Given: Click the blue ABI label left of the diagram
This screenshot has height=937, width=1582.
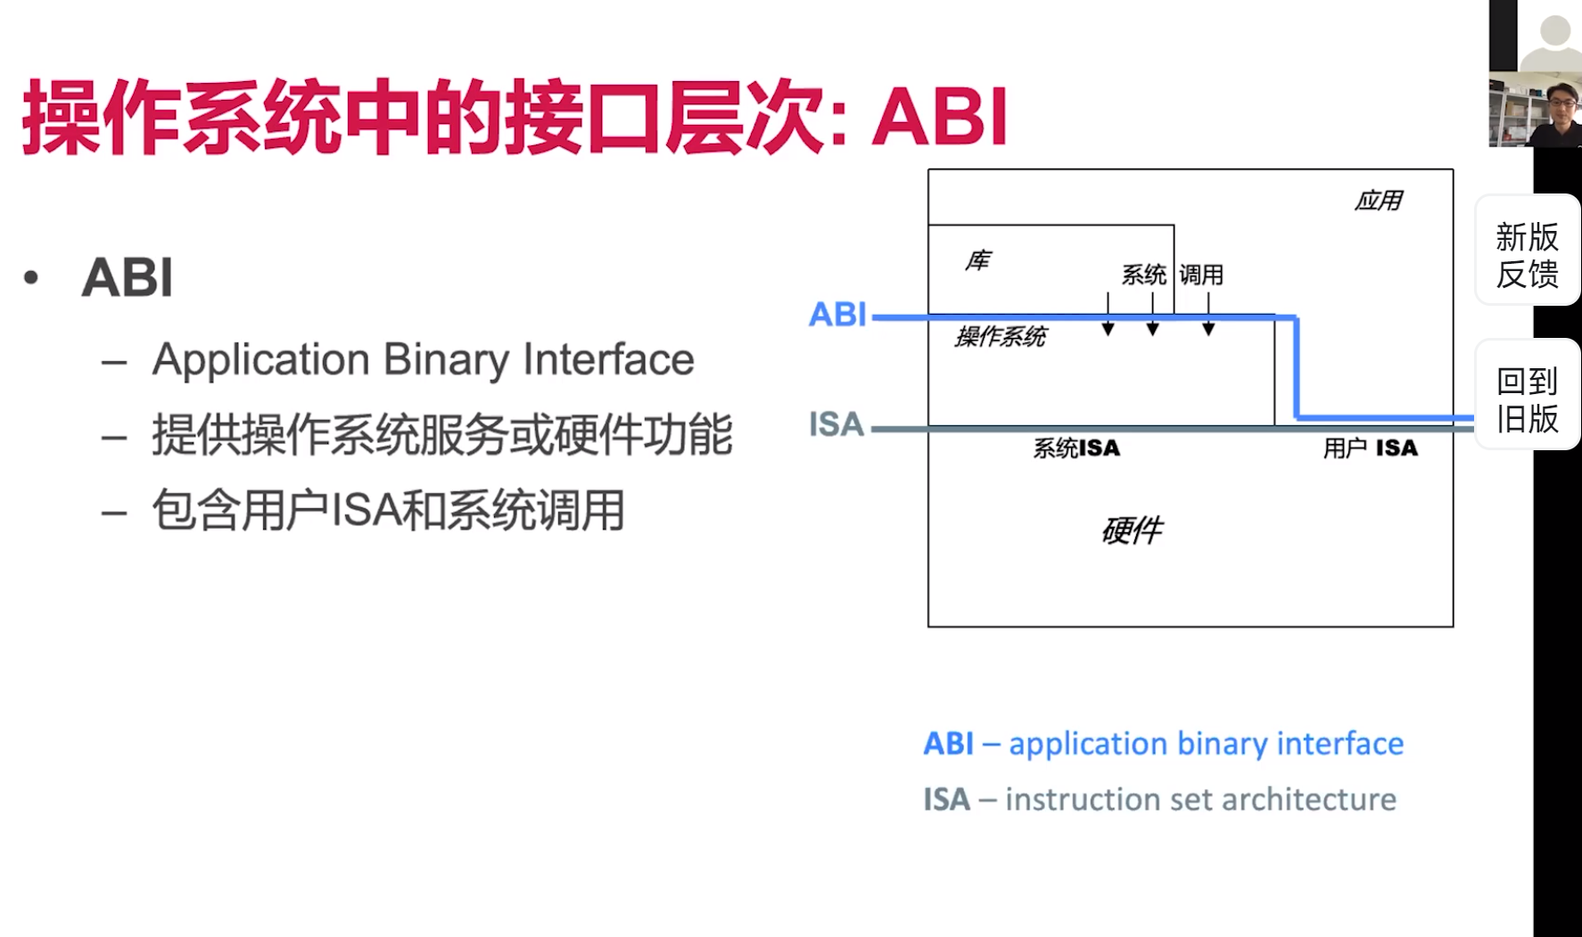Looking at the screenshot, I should tap(837, 315).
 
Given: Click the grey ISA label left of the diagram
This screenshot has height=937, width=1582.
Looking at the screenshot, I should tap(836, 424).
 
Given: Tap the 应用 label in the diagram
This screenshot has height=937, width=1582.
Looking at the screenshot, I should tap(1378, 201).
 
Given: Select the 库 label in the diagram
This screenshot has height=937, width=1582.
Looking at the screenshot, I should tap(977, 260).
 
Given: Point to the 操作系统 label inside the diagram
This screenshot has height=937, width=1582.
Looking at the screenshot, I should tap(1001, 337).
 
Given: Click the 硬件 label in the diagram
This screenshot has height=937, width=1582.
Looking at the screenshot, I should tap(1132, 530).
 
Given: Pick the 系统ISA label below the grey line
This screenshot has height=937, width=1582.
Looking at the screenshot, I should tap(1076, 448).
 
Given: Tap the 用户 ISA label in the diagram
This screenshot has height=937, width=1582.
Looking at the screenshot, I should tap(1370, 448).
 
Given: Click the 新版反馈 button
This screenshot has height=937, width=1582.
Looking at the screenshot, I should tap(1527, 255).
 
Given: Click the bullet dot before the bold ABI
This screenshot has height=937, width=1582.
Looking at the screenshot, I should tap(32, 277).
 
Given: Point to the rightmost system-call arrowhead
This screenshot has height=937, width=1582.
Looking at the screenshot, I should tap(1208, 329).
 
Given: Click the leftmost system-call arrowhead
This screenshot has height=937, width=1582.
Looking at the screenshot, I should tap(1108, 329).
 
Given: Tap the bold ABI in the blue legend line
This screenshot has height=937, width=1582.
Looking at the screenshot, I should tap(948, 744).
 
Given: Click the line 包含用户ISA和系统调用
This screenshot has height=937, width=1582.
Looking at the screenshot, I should tap(388, 511).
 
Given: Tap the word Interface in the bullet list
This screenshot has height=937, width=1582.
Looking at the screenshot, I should tap(608, 360).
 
